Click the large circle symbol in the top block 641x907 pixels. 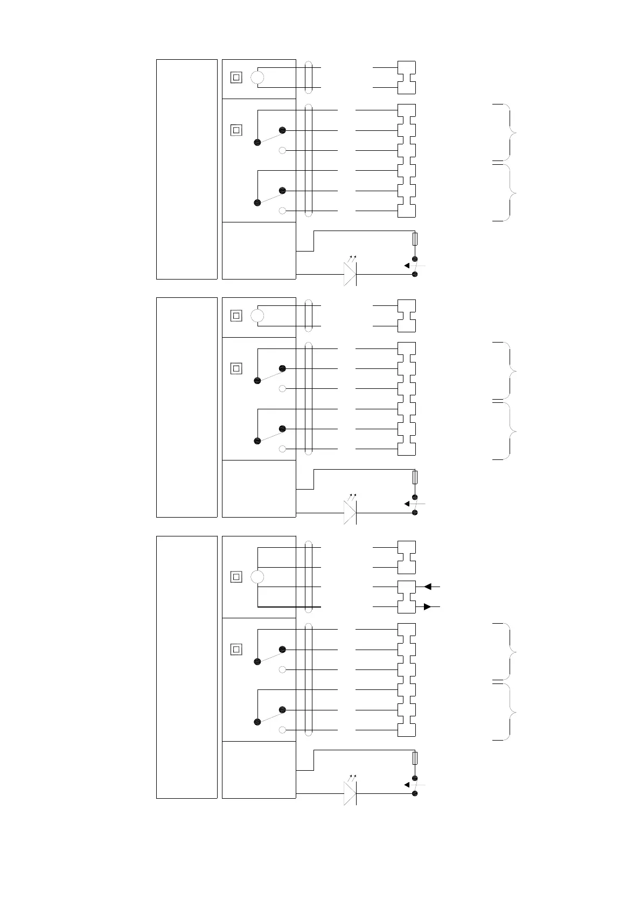pyautogui.click(x=257, y=78)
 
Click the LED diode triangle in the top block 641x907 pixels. pyautogui.click(x=350, y=274)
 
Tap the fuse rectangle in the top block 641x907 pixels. pyautogui.click(x=415, y=239)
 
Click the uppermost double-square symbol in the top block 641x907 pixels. pyautogui.click(x=236, y=78)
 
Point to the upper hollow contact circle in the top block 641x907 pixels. pyautogui.click(x=282, y=150)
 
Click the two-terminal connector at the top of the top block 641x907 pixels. pyautogui.click(x=406, y=78)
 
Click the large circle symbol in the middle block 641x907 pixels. pyautogui.click(x=257, y=316)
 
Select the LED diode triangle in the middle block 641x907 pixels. pyautogui.click(x=350, y=513)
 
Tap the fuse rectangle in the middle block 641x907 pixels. pyautogui.click(x=415, y=477)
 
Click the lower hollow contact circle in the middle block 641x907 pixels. pyautogui.click(x=282, y=449)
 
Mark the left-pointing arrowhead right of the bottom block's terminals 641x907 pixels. pyautogui.click(x=428, y=587)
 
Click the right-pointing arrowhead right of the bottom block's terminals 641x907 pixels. pyautogui.click(x=427, y=607)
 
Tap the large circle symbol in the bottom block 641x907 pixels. pyautogui.click(x=257, y=577)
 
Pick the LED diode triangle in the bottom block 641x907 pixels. pyautogui.click(x=350, y=793)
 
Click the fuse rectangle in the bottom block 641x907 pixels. pyautogui.click(x=415, y=758)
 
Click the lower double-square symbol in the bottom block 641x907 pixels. pyautogui.click(x=236, y=650)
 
